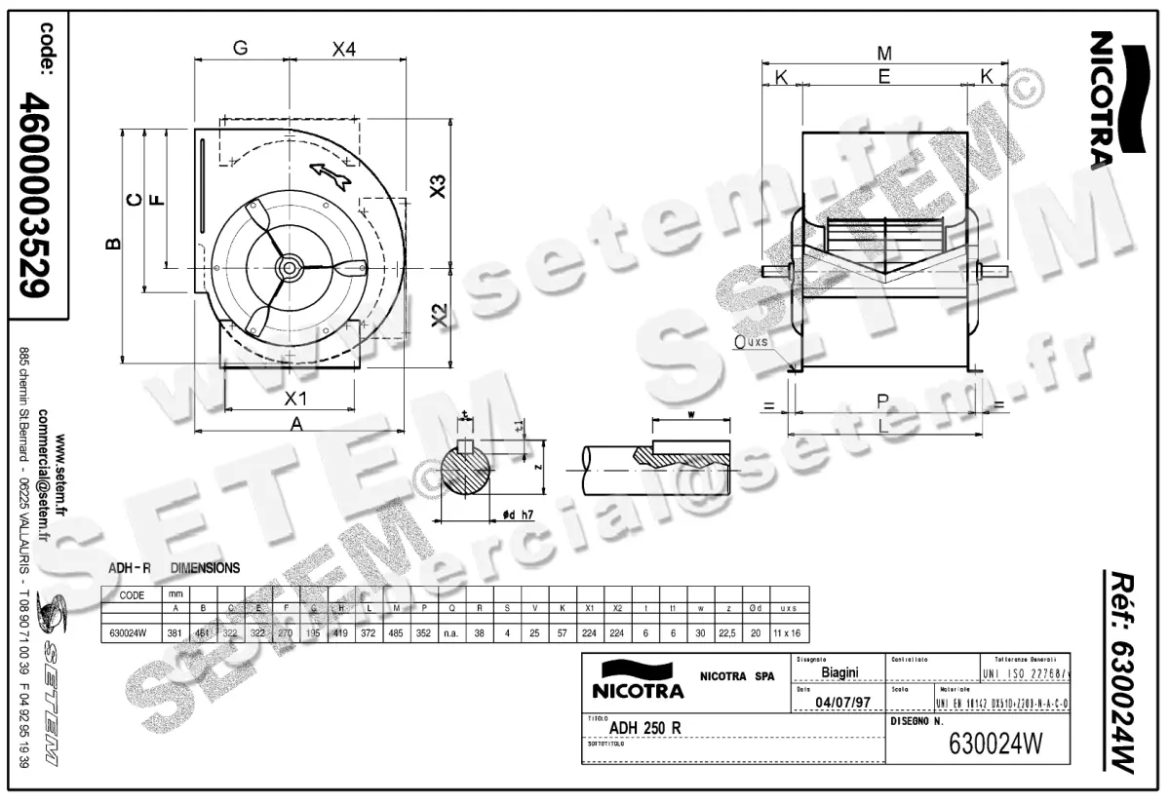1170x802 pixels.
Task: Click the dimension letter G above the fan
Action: pyautogui.click(x=240, y=48)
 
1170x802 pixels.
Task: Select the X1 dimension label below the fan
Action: pyautogui.click(x=295, y=398)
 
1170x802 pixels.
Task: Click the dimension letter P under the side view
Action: pyautogui.click(x=881, y=401)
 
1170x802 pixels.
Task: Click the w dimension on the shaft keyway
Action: pyautogui.click(x=690, y=415)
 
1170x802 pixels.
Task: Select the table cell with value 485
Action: pyautogui.click(x=398, y=631)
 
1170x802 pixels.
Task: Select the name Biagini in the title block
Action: pyautogui.click(x=839, y=672)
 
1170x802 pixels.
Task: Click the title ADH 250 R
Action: pyautogui.click(x=644, y=727)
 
